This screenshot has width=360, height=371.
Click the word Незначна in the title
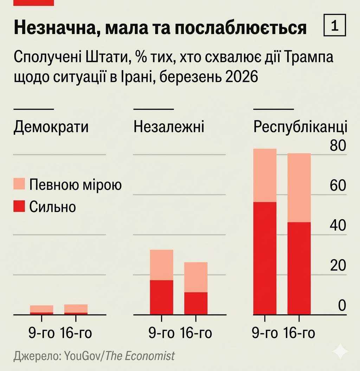coord(51,28)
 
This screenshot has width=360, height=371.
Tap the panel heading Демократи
coord(51,127)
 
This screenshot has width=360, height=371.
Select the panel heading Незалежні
coord(169,127)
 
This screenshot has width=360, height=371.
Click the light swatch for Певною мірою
coord(19,184)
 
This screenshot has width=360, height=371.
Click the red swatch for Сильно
coord(19,206)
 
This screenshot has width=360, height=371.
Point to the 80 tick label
coord(337,146)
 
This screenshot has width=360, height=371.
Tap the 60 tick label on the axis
coord(337,186)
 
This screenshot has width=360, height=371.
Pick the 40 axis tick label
coord(337,225)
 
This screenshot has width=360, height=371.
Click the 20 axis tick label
coord(337,265)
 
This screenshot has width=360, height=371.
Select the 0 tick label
coord(342,305)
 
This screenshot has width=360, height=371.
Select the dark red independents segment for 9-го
coord(161,297)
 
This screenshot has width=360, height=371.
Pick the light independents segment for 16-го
coord(196,277)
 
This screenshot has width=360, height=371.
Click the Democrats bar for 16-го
coord(76,309)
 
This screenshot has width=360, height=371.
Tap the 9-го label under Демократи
coord(41,333)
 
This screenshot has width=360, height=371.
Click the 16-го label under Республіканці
coord(299,333)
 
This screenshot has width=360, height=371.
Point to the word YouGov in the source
coord(82,356)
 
